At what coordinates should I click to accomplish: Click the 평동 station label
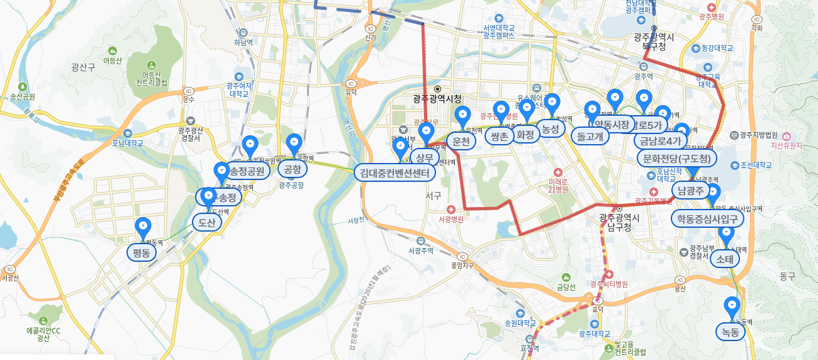(142, 253)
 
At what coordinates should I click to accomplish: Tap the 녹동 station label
(730, 331)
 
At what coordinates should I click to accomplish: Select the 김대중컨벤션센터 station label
(394, 172)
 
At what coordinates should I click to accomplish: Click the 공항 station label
(293, 169)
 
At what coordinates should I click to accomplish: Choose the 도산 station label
(206, 222)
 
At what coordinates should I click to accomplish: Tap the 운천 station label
(461, 142)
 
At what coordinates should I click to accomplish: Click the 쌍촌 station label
(500, 136)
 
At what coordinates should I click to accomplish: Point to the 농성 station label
(551, 128)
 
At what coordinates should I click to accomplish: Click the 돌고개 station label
(590, 135)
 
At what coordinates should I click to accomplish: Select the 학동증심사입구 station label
(707, 218)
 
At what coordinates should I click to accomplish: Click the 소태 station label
(725, 258)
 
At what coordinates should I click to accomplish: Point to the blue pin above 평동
(143, 226)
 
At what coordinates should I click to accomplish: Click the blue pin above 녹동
(731, 306)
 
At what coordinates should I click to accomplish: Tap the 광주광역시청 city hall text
(437, 99)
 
